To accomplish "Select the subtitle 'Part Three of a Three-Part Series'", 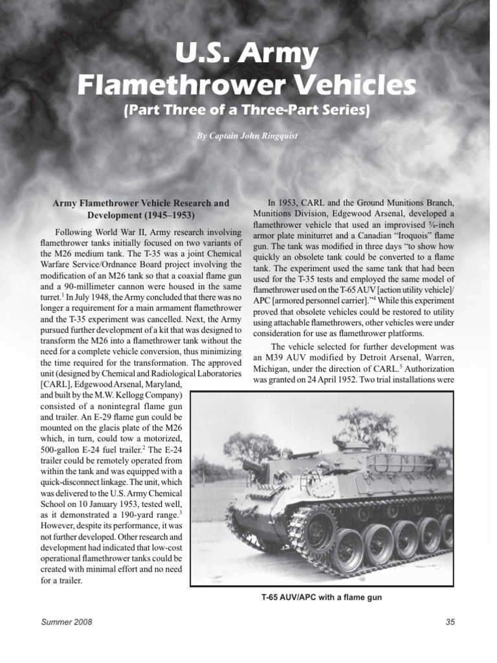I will (248, 110).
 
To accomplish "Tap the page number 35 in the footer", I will (450, 622).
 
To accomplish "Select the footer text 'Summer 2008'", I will (67, 622).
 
